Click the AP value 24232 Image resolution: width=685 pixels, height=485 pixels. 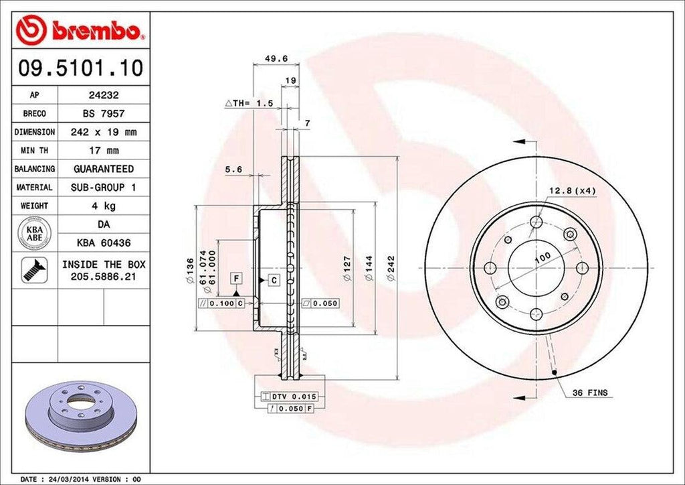coord(103,96)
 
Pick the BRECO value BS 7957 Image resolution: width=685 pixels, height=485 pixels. coord(103,114)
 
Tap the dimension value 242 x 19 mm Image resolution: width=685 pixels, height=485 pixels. coord(103,132)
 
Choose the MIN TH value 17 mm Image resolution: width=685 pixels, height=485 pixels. coord(103,151)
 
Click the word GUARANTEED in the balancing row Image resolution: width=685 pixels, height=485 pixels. coord(103,169)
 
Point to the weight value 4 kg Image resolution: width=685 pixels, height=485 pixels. coord(103,206)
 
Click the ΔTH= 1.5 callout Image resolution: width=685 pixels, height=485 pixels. coord(250,104)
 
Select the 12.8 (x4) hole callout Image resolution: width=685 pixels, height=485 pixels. coord(572,191)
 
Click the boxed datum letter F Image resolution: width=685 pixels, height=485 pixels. coord(236,277)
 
